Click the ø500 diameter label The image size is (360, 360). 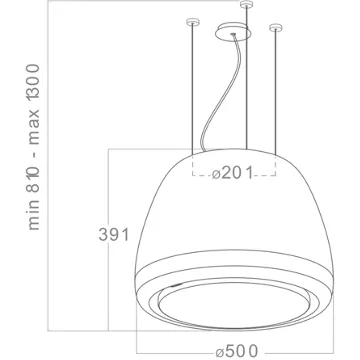click(237, 351)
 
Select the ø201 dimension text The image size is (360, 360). click(233, 173)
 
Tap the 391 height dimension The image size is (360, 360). click(114, 235)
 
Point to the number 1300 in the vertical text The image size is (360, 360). click(34, 82)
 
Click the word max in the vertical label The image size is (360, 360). click(34, 127)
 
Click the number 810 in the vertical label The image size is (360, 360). click(34, 179)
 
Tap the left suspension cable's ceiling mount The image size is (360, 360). click(192, 22)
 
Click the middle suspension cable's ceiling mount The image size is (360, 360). click(246, 4)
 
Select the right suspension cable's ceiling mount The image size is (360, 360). click(275, 28)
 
